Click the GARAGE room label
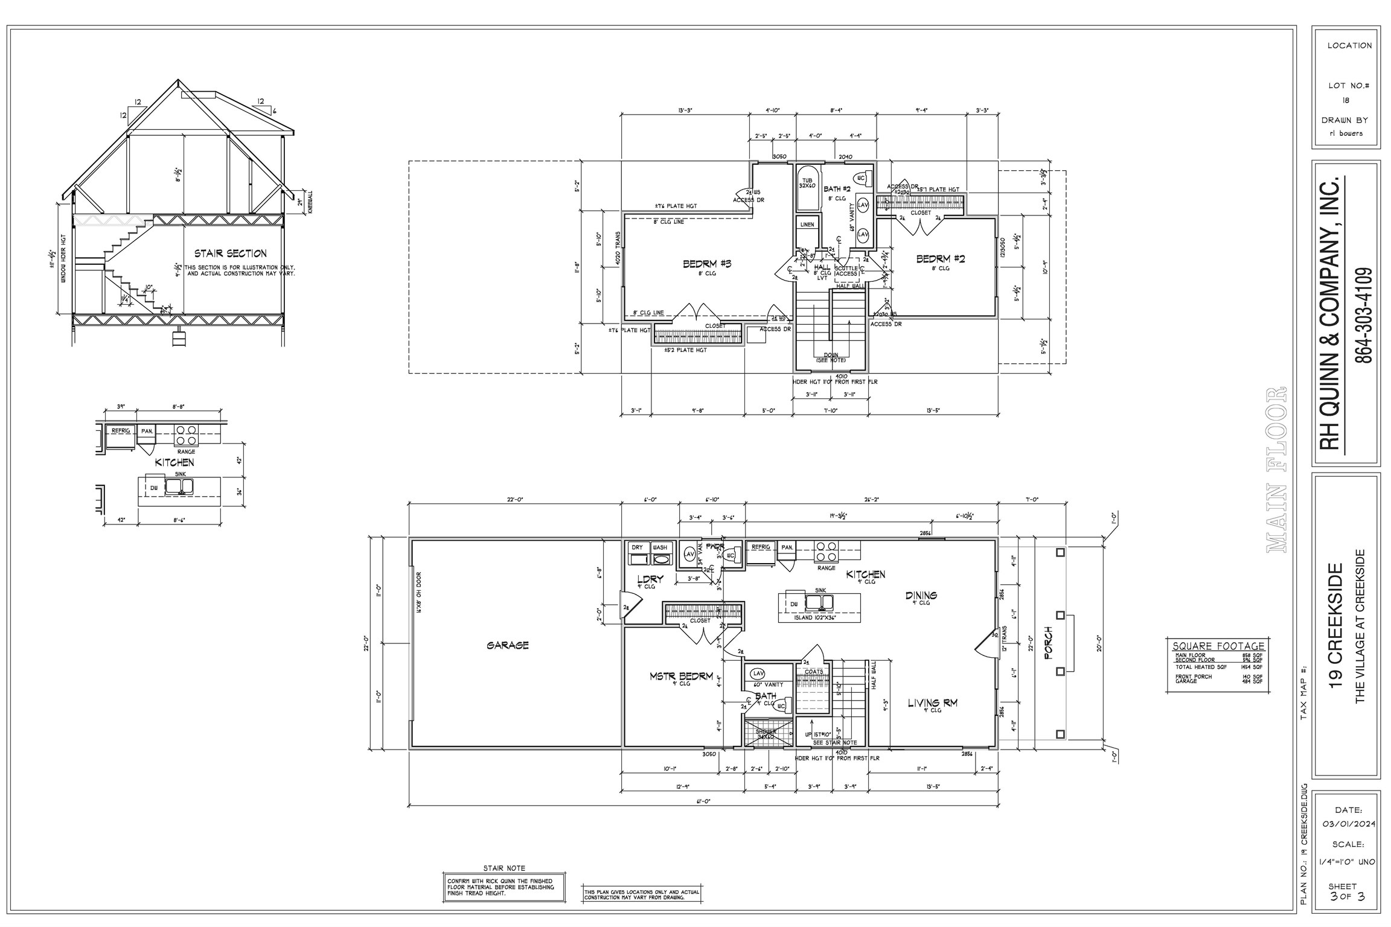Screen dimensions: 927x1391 pyautogui.click(x=507, y=645)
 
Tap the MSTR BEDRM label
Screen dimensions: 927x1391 pyautogui.click(x=681, y=677)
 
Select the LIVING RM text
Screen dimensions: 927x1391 pyautogui.click(x=933, y=703)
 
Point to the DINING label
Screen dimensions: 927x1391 pyautogui.click(x=921, y=596)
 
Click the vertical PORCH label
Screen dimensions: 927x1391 pyautogui.click(x=1049, y=643)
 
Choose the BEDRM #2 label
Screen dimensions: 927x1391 pyautogui.click(x=941, y=259)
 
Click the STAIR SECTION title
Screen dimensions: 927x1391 pyautogui.click(x=230, y=253)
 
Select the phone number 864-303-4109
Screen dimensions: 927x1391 pyautogui.click(x=1363, y=315)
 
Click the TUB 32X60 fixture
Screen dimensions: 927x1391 pyautogui.click(x=807, y=183)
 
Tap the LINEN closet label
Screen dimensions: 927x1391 pyautogui.click(x=807, y=225)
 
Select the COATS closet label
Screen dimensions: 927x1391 pyautogui.click(x=813, y=672)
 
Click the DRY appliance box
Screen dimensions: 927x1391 pyautogui.click(x=638, y=547)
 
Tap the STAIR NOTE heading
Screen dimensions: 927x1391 pyautogui.click(x=504, y=868)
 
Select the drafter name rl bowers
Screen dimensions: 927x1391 pyautogui.click(x=1346, y=133)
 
